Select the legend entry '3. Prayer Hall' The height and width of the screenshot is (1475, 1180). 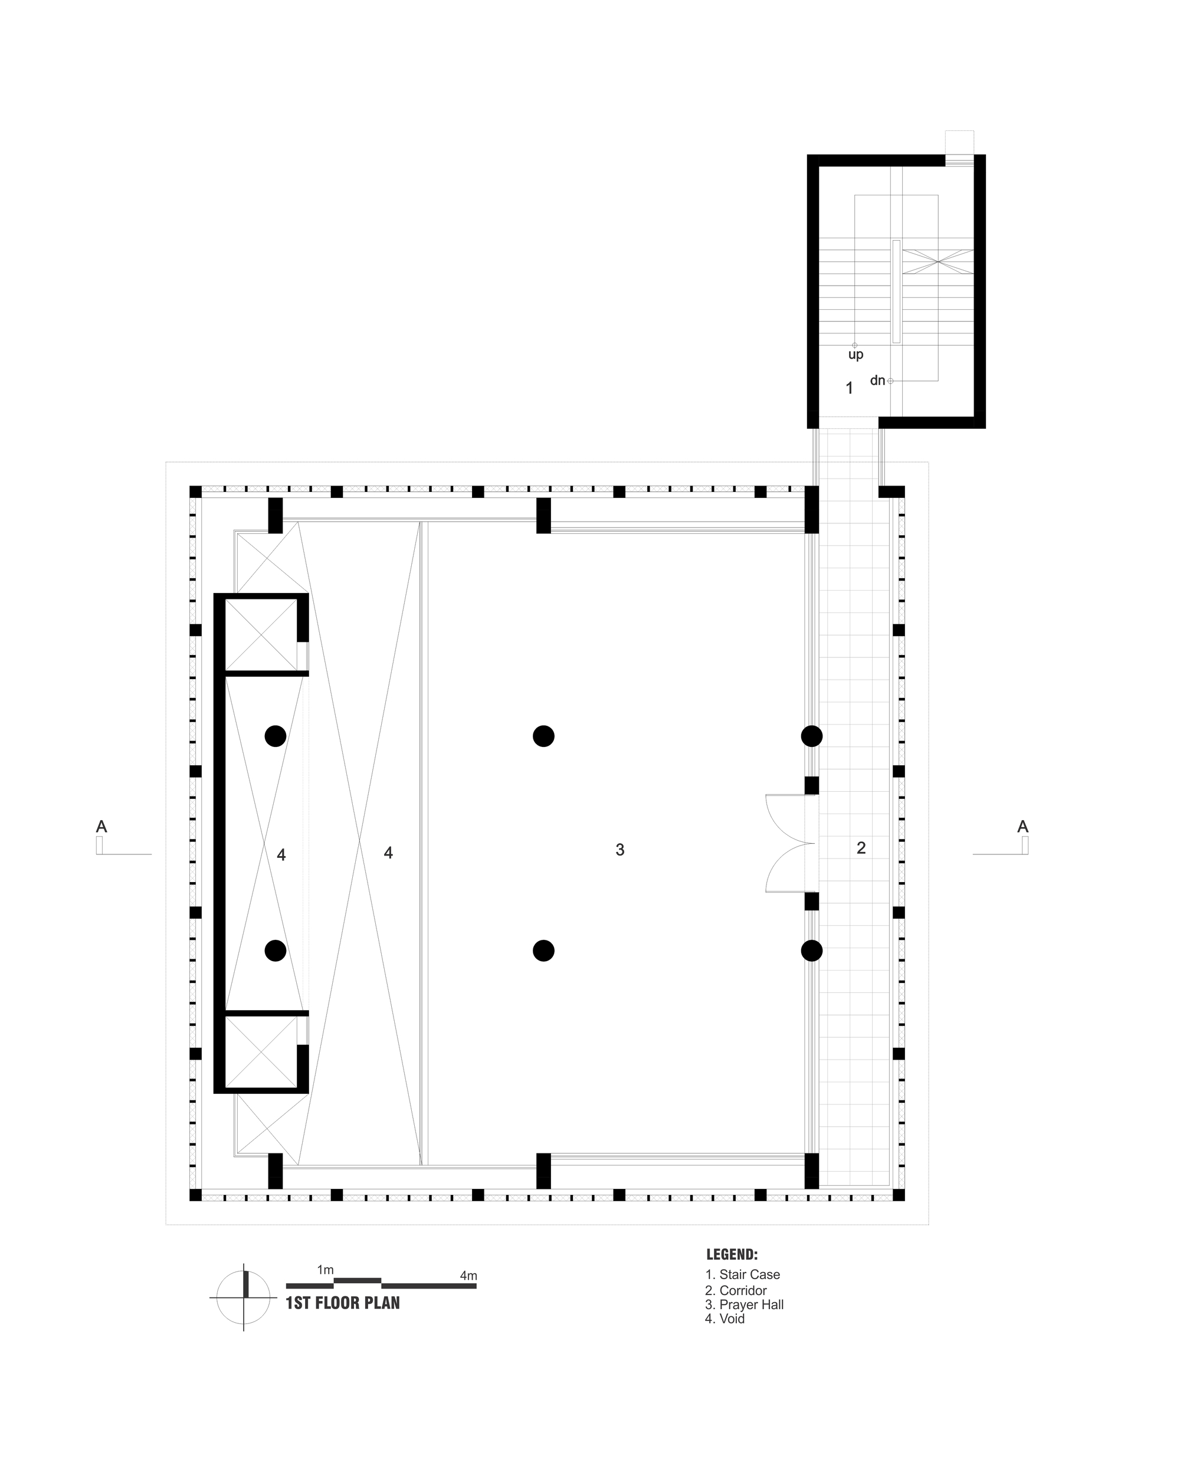pyautogui.click(x=744, y=1304)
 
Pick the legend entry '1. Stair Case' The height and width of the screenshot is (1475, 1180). pyautogui.click(x=742, y=1274)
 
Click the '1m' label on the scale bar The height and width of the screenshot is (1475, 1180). pyautogui.click(x=325, y=1270)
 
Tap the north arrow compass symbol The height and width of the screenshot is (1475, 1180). pyautogui.click(x=244, y=1296)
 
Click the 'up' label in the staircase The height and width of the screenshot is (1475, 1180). pyautogui.click(x=855, y=355)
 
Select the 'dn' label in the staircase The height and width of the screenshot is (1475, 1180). pyautogui.click(x=878, y=381)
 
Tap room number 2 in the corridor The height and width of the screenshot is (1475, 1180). pyautogui.click(x=861, y=848)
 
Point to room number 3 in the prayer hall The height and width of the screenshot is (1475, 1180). pyautogui.click(x=619, y=850)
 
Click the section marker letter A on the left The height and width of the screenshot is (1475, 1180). pyautogui.click(x=101, y=827)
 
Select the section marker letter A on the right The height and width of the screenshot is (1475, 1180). pyautogui.click(x=1022, y=827)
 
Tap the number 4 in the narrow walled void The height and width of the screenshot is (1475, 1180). pyautogui.click(x=281, y=854)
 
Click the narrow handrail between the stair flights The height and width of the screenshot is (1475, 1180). pyautogui.click(x=896, y=291)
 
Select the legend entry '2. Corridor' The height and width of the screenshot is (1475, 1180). pyautogui.click(x=736, y=1290)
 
